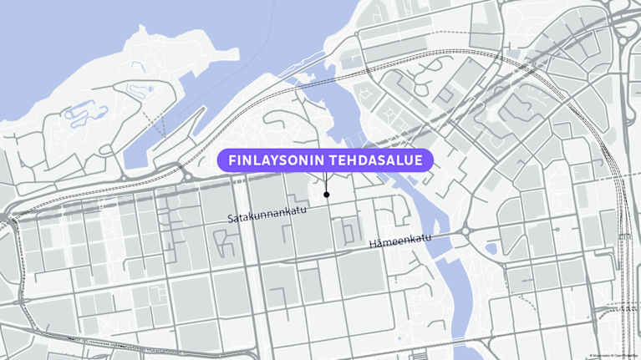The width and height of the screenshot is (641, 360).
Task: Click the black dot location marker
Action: coord(326,195)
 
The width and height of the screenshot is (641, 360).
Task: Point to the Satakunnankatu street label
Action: coord(267,215)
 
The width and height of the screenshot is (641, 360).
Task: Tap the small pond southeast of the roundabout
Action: coord(491,248)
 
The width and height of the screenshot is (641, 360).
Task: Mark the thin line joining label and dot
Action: coord(326,182)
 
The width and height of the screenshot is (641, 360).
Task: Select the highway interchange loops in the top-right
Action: coord(623,33)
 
